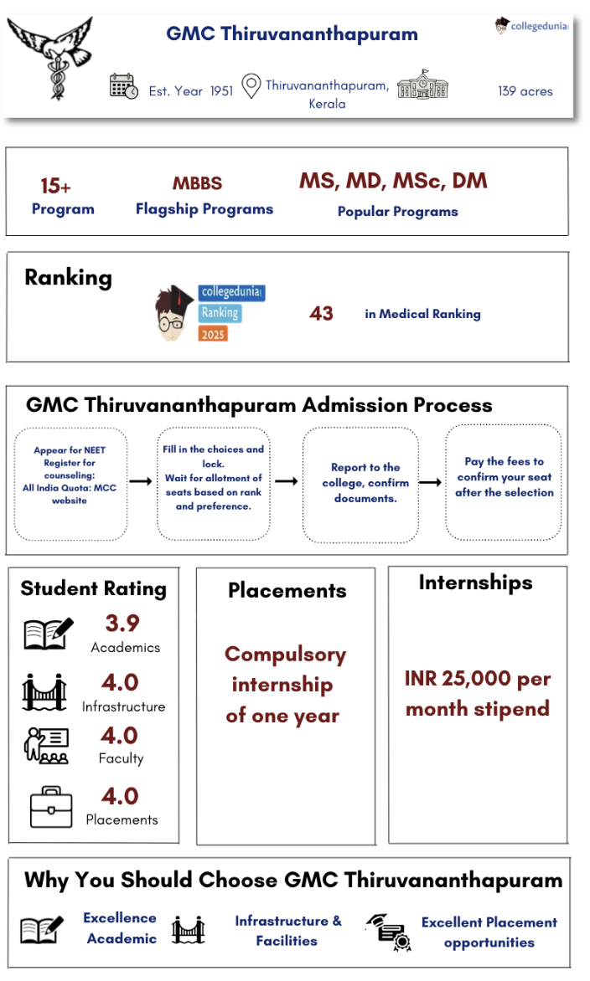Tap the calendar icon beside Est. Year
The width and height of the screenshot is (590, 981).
click(x=124, y=86)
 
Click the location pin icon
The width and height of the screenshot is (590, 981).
click(x=250, y=86)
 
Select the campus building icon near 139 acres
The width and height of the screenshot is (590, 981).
click(x=422, y=85)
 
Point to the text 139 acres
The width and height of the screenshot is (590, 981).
click(x=525, y=90)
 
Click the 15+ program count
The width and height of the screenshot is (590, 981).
click(x=55, y=186)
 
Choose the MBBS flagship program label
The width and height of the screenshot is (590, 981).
click(x=197, y=184)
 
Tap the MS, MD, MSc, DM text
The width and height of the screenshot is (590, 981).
click(x=393, y=182)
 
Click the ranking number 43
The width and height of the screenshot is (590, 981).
click(x=321, y=313)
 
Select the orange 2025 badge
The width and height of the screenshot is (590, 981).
click(x=214, y=333)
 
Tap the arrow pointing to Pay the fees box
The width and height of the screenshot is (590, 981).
click(x=430, y=482)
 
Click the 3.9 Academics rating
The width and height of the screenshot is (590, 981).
click(x=122, y=624)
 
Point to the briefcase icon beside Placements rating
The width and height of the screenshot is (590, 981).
click(x=51, y=806)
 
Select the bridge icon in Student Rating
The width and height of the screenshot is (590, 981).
click(x=45, y=691)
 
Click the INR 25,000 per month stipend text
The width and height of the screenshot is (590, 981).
click(x=477, y=693)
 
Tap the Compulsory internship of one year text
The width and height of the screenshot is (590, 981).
click(x=284, y=685)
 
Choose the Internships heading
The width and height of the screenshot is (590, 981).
click(x=475, y=583)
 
